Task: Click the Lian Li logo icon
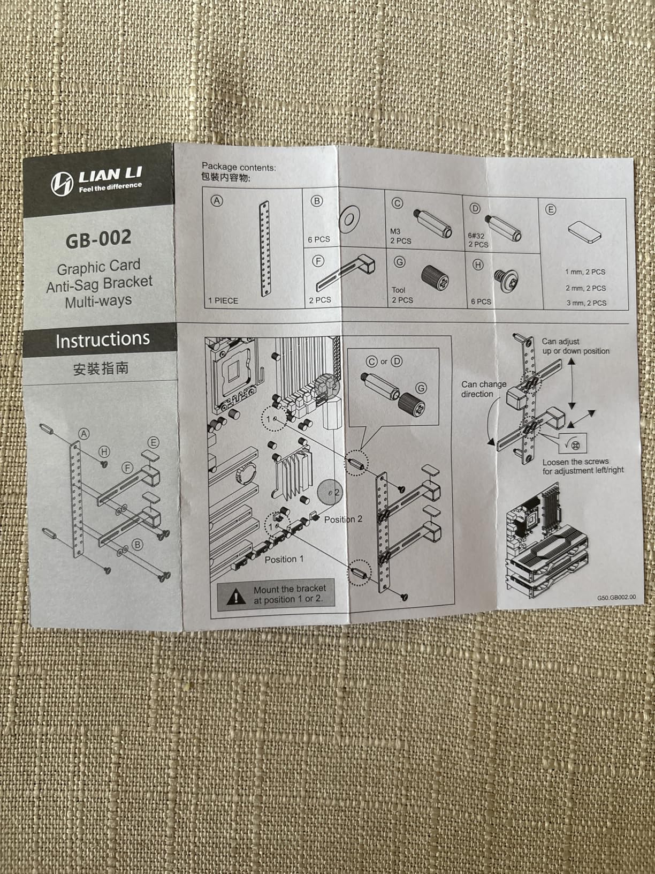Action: tap(62, 183)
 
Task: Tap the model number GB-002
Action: tap(98, 239)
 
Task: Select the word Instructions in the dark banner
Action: tap(102, 340)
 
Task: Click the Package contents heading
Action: tap(239, 168)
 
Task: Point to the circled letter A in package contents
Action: tap(217, 201)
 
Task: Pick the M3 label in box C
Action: tap(395, 231)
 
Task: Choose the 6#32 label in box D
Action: tap(476, 235)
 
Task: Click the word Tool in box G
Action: tap(399, 290)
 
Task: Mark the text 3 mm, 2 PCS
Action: tap(586, 303)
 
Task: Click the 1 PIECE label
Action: tap(224, 301)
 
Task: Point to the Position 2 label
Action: tap(343, 519)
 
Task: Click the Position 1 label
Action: tap(284, 559)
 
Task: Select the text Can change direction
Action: tap(483, 389)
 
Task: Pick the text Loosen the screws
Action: tap(575, 462)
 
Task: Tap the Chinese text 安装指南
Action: tap(101, 368)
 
